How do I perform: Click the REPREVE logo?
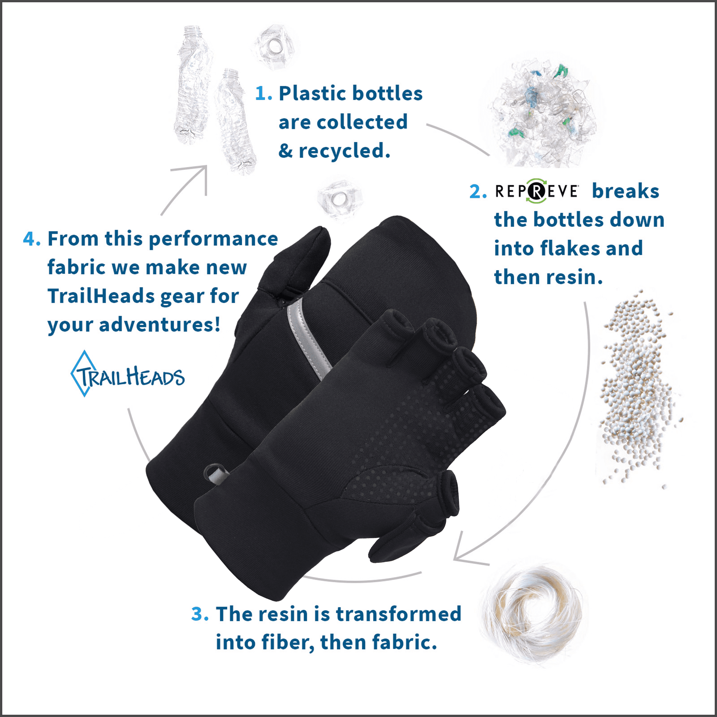(x=537, y=191)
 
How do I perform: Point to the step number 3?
(x=199, y=614)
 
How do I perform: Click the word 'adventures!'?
(x=160, y=325)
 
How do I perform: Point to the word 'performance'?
(x=213, y=239)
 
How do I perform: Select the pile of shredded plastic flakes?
(x=542, y=111)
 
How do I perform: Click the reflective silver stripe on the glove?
(x=308, y=338)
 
